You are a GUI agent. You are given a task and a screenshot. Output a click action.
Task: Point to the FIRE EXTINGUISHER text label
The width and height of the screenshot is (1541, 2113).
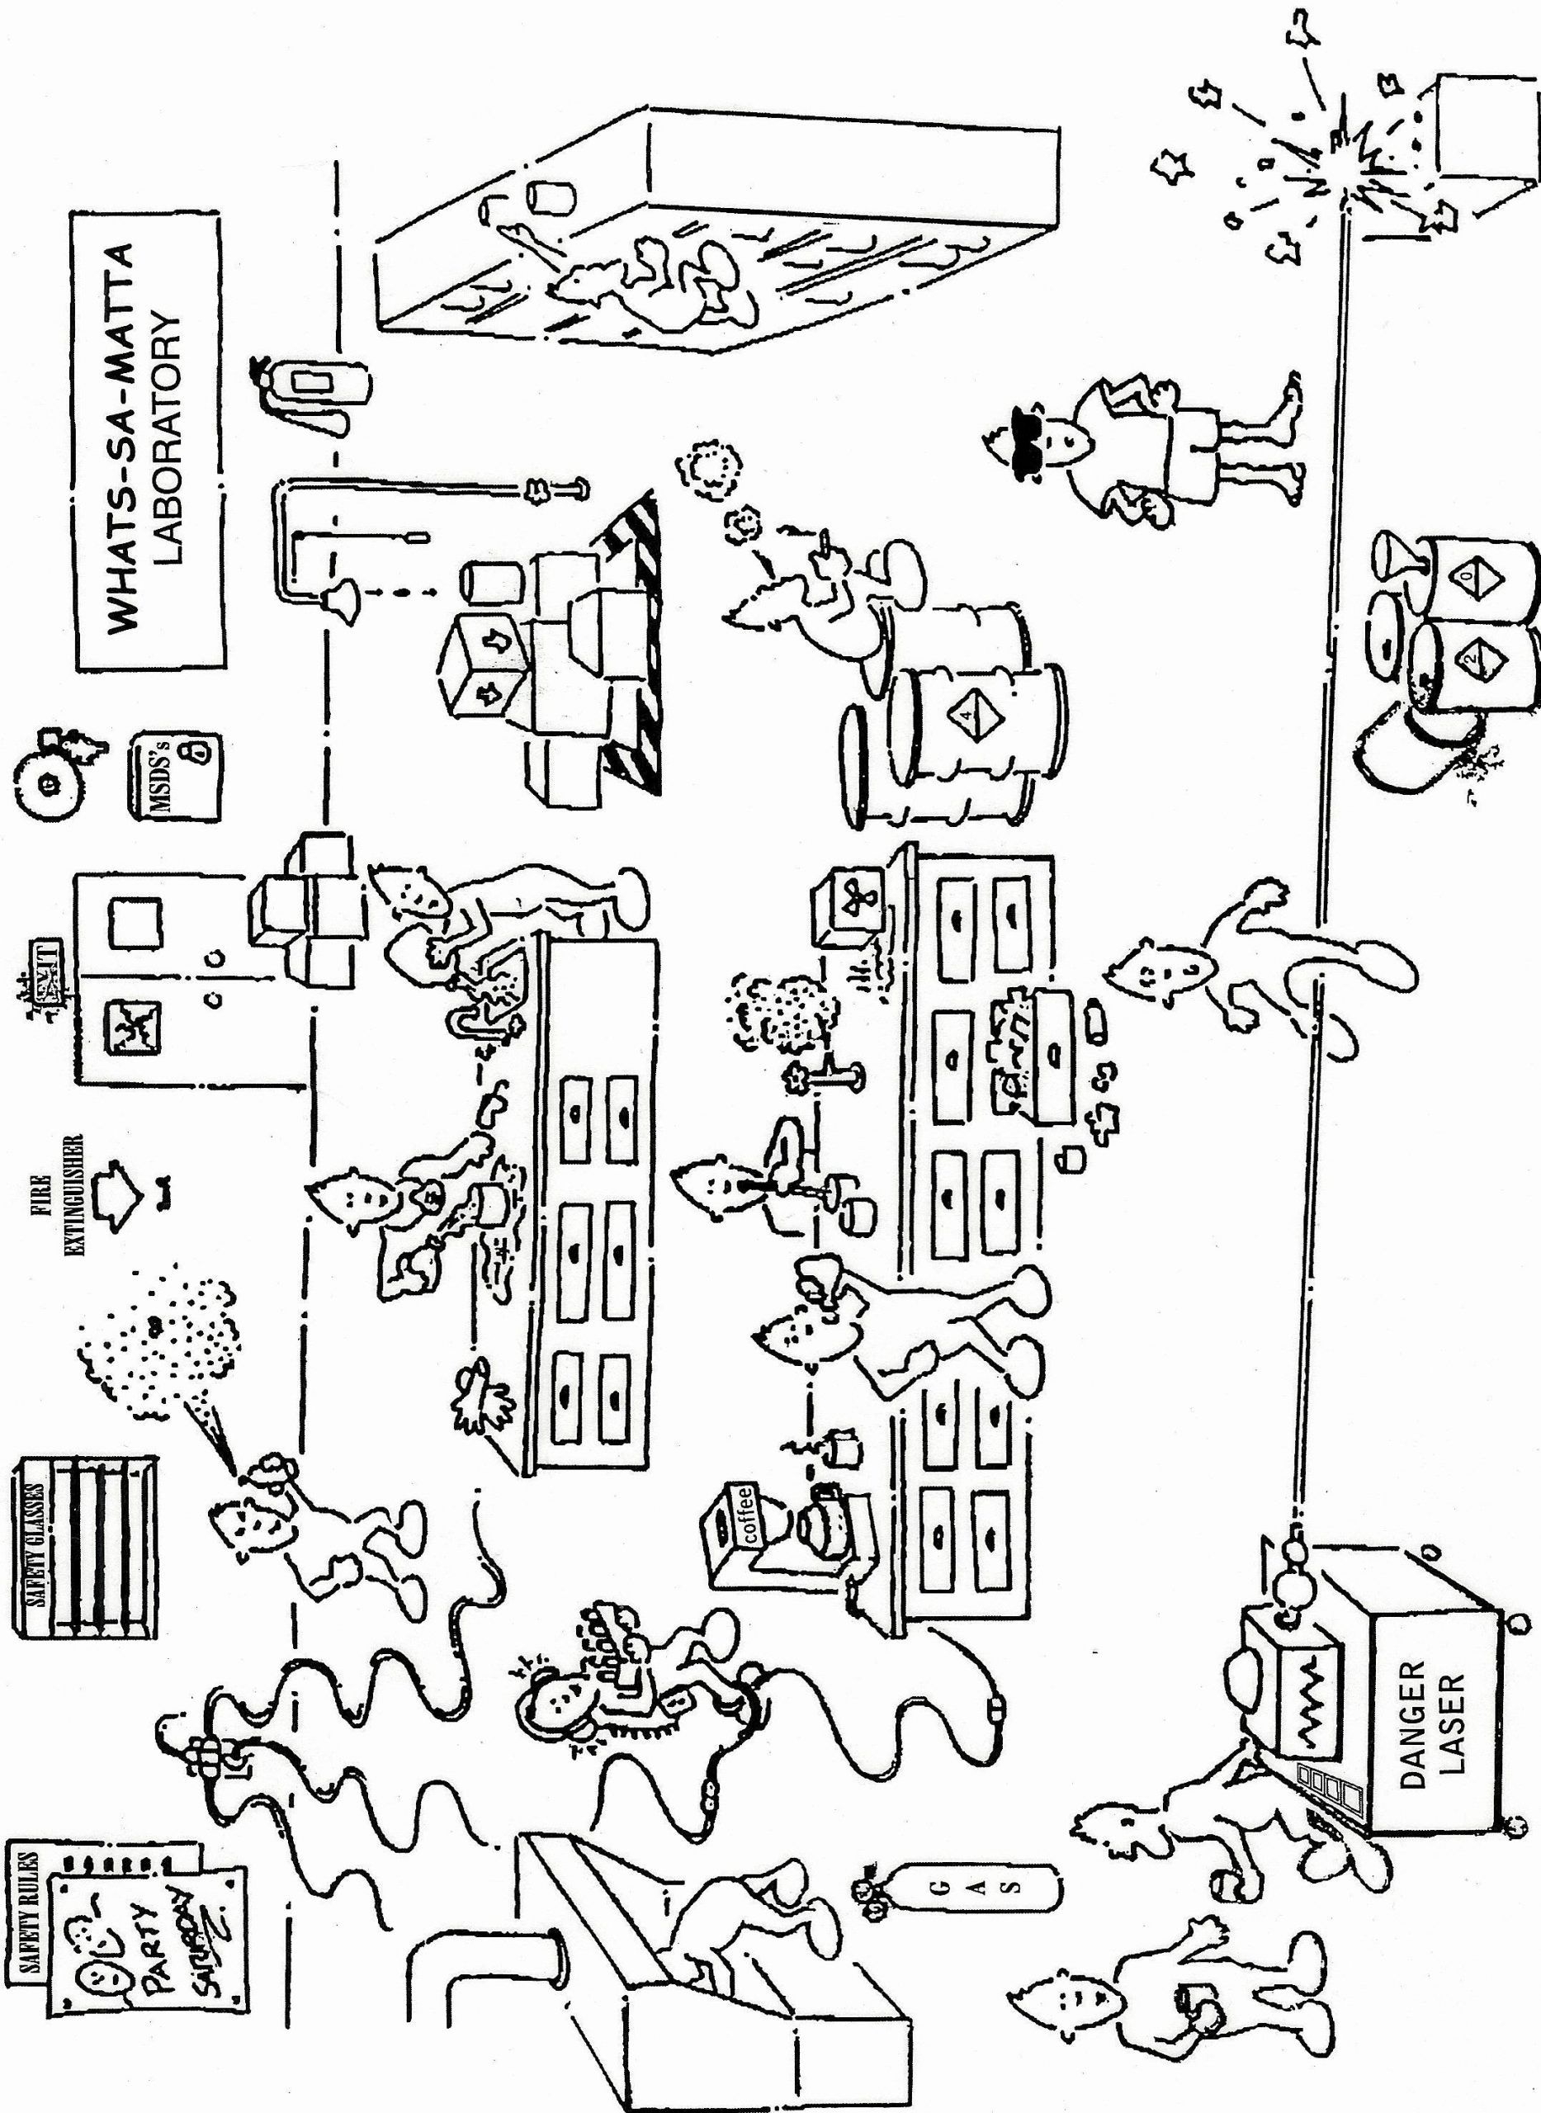point(73,1194)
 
